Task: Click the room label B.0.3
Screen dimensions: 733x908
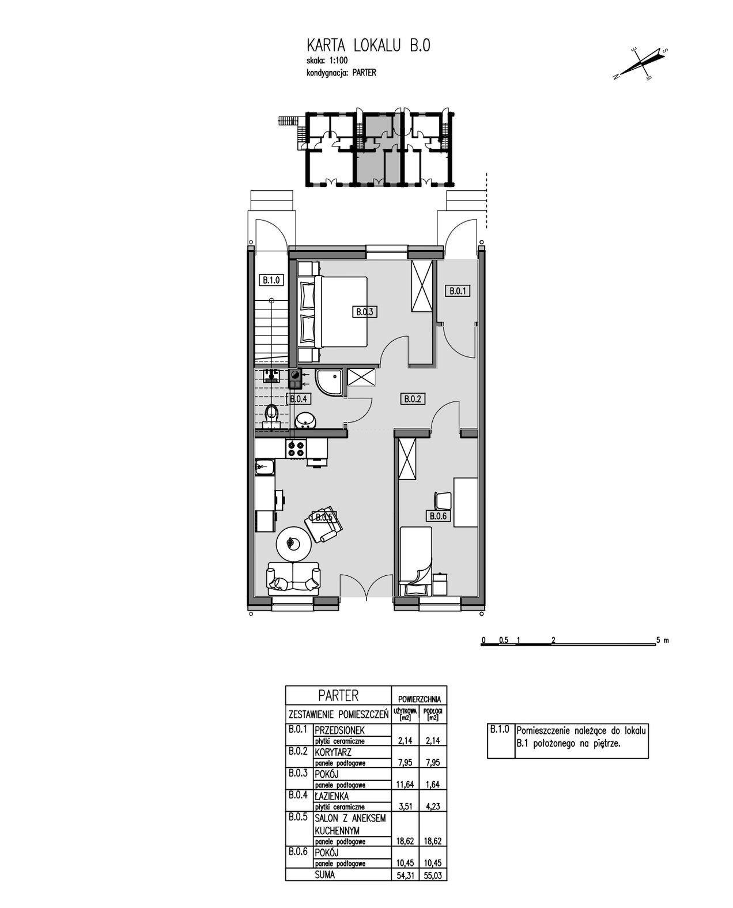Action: pyautogui.click(x=365, y=312)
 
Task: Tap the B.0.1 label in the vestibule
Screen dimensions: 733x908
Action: pyautogui.click(x=458, y=291)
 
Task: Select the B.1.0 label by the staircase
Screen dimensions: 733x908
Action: pyautogui.click(x=271, y=280)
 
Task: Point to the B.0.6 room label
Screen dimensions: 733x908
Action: pyautogui.click(x=438, y=516)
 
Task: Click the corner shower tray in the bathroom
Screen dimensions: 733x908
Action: pyautogui.click(x=330, y=382)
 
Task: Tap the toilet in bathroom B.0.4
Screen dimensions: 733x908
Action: pyautogui.click(x=271, y=415)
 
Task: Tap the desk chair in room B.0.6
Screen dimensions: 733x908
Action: pyautogui.click(x=443, y=500)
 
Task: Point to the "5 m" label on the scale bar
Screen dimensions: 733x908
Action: pyautogui.click(x=663, y=640)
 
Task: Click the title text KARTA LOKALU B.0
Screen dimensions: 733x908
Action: pyautogui.click(x=369, y=46)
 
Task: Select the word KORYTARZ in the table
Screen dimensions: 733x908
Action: pyautogui.click(x=333, y=752)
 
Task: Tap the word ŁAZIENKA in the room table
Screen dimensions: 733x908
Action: pyautogui.click(x=331, y=796)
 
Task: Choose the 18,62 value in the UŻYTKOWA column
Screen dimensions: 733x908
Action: pyautogui.click(x=405, y=842)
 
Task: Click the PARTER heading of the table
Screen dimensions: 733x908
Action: pyautogui.click(x=338, y=696)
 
